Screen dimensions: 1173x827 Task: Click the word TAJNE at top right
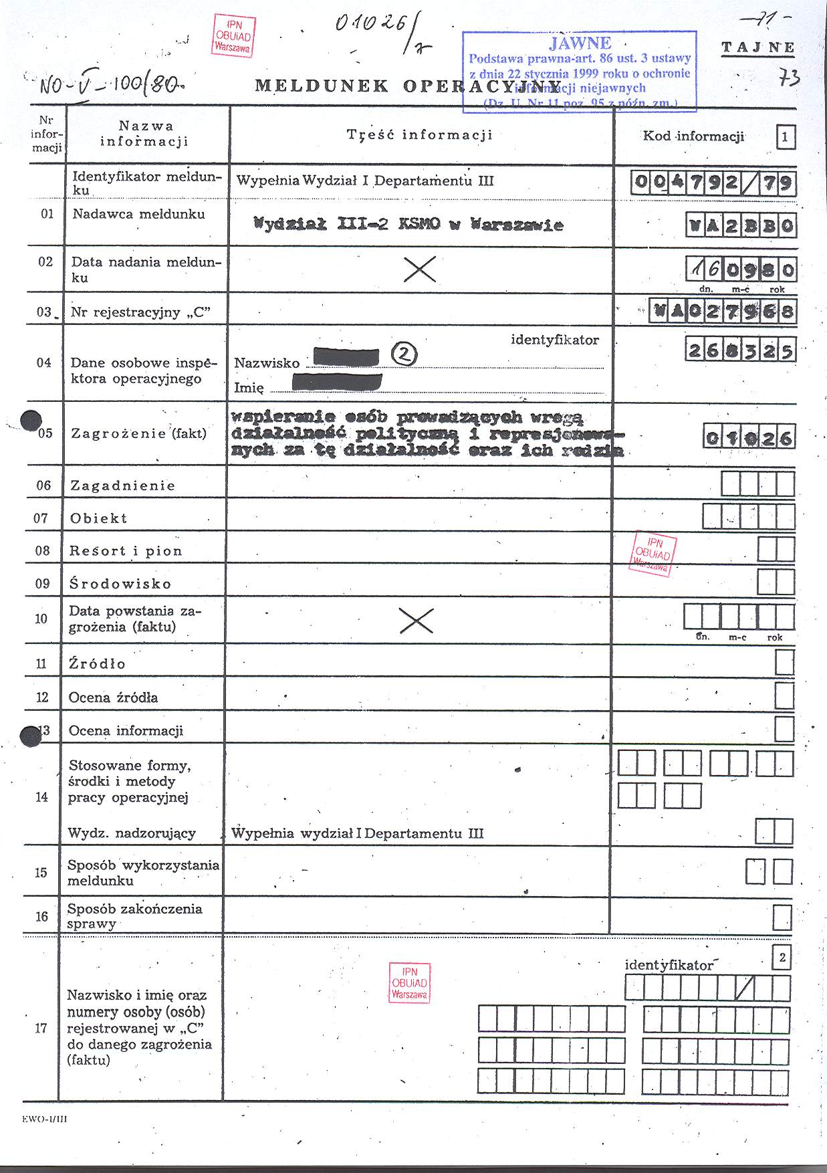coord(758,47)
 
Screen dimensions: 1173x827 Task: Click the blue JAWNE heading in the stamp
coord(580,43)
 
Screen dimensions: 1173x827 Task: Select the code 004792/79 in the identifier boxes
coord(713,183)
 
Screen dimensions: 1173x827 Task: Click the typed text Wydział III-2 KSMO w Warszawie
coord(408,224)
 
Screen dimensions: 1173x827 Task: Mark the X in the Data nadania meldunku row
coord(421,269)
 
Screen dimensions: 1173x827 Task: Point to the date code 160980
coord(741,270)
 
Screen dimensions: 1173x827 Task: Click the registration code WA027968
coord(723,312)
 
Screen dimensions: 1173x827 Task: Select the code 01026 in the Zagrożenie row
coord(749,437)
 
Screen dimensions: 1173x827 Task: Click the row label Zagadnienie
coord(122,486)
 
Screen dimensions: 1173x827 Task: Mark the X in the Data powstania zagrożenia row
coord(416,621)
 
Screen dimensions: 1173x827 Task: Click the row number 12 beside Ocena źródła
coord(42,698)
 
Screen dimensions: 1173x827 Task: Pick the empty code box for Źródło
coord(784,663)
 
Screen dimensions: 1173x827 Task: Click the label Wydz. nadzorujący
coord(132,833)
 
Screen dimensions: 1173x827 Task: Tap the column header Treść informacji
coord(420,134)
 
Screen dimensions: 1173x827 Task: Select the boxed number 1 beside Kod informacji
coord(785,138)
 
